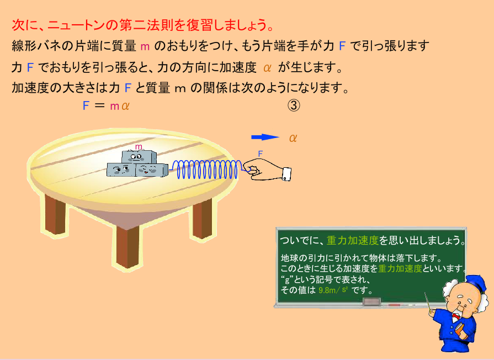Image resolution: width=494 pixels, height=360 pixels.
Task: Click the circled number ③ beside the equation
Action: [294, 105]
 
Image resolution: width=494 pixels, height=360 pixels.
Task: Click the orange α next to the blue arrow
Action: [293, 137]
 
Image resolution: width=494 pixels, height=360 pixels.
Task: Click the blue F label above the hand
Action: [260, 154]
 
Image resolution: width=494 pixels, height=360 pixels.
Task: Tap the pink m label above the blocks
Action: [139, 146]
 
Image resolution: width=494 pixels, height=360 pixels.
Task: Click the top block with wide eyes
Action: [139, 157]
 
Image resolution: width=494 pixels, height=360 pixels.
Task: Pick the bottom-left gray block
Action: [121, 170]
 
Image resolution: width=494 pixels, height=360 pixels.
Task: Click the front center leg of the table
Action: [128, 246]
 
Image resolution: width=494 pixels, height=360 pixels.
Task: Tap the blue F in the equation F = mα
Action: [86, 105]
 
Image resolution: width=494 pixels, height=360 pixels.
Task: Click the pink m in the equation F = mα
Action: [114, 107]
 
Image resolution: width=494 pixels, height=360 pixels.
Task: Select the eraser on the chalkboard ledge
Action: [372, 302]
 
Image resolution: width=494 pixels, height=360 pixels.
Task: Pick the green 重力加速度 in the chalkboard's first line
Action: [353, 241]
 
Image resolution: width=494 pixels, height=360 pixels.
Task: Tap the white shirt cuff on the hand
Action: [286, 174]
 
